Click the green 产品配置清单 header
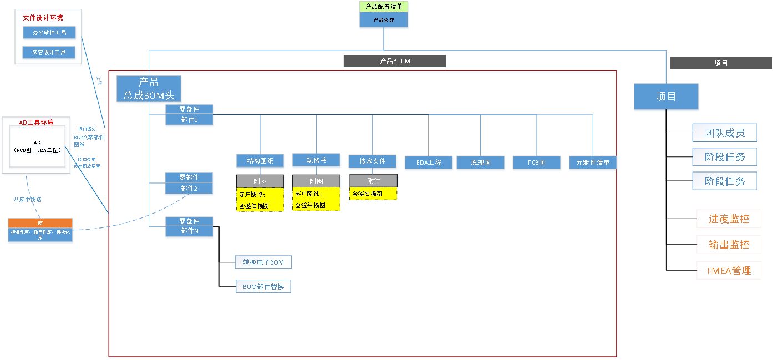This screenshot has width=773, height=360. (384, 7)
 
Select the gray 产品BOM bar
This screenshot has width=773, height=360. (394, 61)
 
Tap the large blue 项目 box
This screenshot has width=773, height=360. (666, 97)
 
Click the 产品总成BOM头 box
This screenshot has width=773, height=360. (149, 89)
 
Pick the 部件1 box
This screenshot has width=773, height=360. (189, 120)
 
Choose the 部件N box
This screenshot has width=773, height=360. (189, 231)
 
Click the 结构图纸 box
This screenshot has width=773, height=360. (260, 161)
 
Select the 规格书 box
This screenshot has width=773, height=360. (316, 160)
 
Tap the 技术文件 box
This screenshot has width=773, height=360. (372, 161)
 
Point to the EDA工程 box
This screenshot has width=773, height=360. (429, 163)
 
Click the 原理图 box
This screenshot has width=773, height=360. (480, 163)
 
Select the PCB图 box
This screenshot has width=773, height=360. (536, 163)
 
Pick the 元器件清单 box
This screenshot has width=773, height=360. (592, 163)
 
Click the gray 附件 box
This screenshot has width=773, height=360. (373, 181)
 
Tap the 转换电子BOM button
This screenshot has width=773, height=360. (263, 262)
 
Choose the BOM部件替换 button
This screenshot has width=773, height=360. (263, 287)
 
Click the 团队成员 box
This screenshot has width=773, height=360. (724, 133)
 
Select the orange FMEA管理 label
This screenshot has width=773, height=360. (729, 271)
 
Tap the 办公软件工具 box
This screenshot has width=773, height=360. (49, 33)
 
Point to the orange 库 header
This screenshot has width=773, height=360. (40, 223)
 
